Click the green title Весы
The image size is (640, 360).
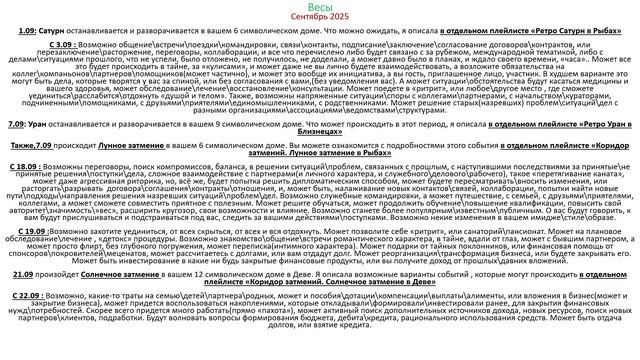pyautogui.click(x=319, y=8)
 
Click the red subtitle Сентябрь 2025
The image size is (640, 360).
pyautogui.click(x=319, y=19)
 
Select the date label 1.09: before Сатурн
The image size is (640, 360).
pyautogui.click(x=26, y=34)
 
